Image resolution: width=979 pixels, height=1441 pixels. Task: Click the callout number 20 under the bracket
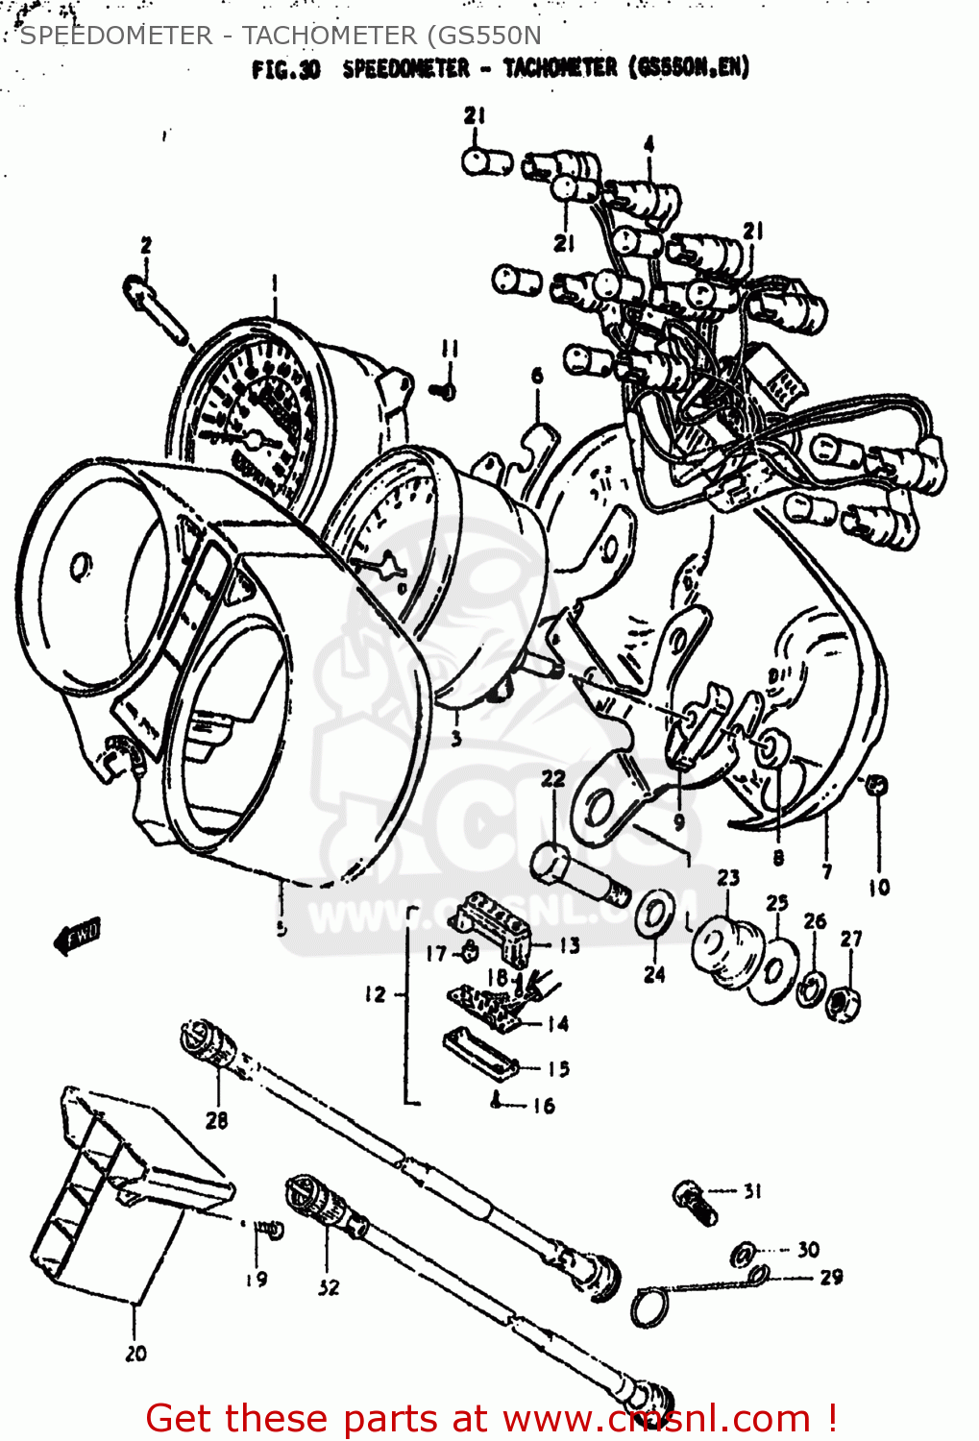click(x=135, y=1353)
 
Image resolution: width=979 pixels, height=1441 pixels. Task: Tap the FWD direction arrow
click(x=77, y=935)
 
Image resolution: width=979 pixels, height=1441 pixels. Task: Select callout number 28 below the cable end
click(x=216, y=1119)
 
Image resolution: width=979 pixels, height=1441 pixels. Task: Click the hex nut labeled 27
click(x=844, y=1003)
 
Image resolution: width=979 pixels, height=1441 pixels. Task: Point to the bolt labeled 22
click(x=577, y=873)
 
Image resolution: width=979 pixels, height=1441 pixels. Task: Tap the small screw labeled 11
click(x=444, y=390)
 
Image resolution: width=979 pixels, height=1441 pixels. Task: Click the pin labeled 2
click(x=156, y=307)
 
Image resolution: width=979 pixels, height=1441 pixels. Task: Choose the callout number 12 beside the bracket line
click(x=375, y=994)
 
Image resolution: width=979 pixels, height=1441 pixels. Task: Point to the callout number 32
click(x=329, y=1287)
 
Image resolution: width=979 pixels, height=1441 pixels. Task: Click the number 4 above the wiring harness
click(x=649, y=144)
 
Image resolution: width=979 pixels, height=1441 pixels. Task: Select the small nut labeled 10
click(x=875, y=785)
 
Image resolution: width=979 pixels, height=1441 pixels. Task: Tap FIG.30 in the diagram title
click(x=285, y=69)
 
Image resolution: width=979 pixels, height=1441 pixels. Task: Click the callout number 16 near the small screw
click(x=544, y=1106)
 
